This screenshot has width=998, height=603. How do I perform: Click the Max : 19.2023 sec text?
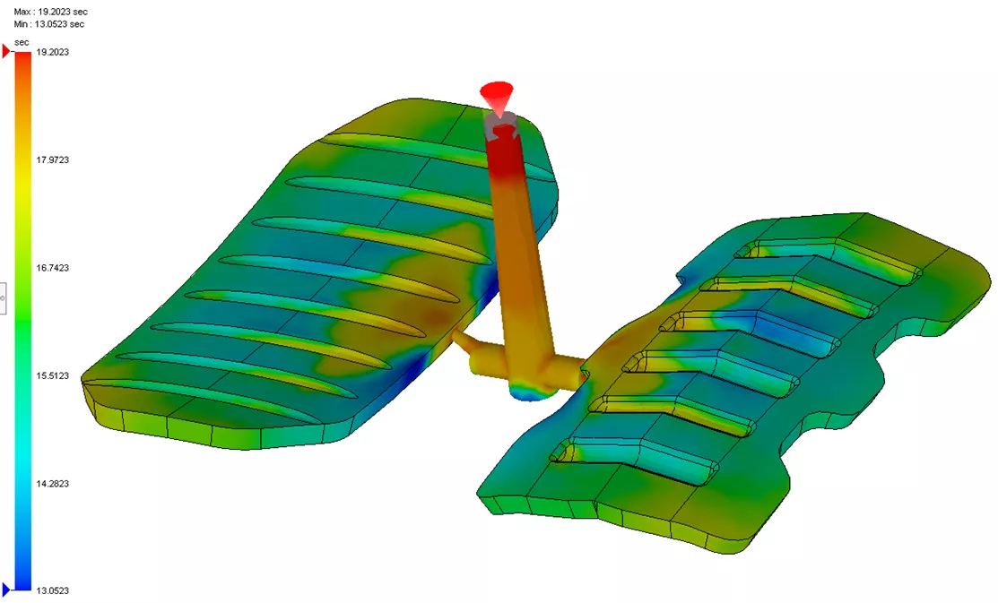[x=50, y=12]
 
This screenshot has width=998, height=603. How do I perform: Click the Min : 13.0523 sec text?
[x=49, y=24]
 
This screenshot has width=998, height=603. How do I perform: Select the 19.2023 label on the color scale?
[x=51, y=53]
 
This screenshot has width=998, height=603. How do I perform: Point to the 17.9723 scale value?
[x=51, y=160]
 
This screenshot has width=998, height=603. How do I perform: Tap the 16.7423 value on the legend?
[x=51, y=268]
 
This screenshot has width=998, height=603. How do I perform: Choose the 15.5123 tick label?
[x=51, y=375]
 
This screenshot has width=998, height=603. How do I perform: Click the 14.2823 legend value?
[x=51, y=484]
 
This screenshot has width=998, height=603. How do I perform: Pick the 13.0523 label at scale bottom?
[x=51, y=591]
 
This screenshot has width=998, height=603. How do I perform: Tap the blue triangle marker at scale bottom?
[x=7, y=590]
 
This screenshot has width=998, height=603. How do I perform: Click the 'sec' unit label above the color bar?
[x=22, y=42]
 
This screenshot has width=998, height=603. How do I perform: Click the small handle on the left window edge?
[x=3, y=297]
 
